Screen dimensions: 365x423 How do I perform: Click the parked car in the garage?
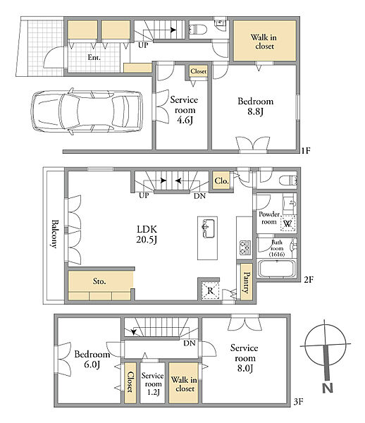pos(86,111)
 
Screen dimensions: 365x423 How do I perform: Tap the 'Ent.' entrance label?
pos(94,57)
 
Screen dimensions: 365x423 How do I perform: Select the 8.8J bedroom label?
pos(255,106)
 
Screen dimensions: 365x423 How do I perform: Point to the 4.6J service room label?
pos(185,110)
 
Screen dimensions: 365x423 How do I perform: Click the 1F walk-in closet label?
pos(264,42)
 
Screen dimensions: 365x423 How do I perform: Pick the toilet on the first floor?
pos(197,29)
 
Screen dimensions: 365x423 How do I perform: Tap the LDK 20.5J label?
pos(147,234)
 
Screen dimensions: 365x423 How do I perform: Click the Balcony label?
pos(55,233)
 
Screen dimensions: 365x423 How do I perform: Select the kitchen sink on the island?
pos(208,228)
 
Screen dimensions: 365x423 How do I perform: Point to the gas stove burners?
pos(245,247)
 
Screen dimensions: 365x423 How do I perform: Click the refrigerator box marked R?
pos(211,290)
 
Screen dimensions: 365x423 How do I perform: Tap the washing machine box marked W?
pos(288,223)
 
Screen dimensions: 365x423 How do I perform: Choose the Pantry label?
pos(247,283)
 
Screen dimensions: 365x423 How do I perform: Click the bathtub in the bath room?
pos(276,268)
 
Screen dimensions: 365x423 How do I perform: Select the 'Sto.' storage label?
pos(99,281)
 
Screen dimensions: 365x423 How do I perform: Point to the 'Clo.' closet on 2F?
pos(221,180)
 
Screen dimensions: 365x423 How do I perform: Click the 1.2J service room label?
pos(153,384)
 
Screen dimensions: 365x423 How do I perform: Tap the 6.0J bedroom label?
pos(92,359)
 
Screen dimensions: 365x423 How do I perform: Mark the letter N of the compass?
pos(328,388)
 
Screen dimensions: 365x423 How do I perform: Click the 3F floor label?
pos(299,402)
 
